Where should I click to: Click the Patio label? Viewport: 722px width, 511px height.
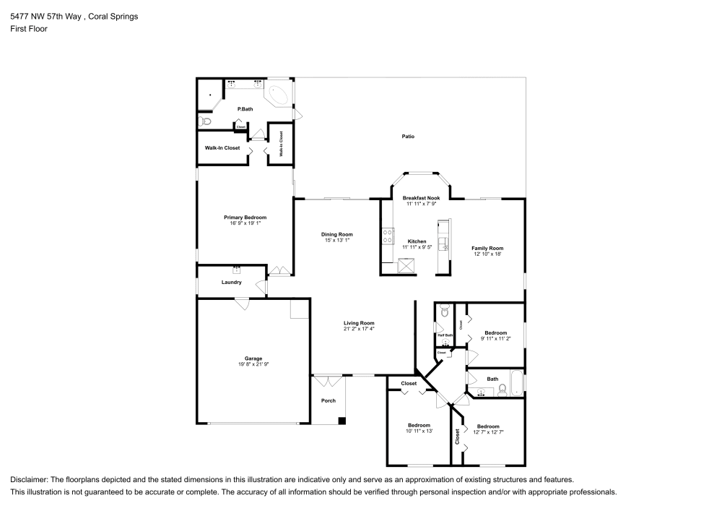pyautogui.click(x=408, y=137)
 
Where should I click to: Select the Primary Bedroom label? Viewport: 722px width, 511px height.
pyautogui.click(x=245, y=218)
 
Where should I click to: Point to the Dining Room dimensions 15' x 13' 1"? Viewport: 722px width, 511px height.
pyautogui.click(x=336, y=240)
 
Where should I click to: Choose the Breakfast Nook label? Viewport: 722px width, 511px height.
pyautogui.click(x=422, y=198)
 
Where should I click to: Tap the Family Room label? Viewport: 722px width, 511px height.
pyautogui.click(x=487, y=248)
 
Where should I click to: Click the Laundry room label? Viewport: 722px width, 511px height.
pyautogui.click(x=232, y=282)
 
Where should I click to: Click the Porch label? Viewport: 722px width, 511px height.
pyautogui.click(x=329, y=400)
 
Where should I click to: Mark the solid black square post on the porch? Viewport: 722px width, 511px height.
pyautogui.click(x=342, y=421)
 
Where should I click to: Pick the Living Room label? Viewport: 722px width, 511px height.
pyautogui.click(x=359, y=323)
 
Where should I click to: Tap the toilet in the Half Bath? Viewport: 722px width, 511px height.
pyautogui.click(x=445, y=312)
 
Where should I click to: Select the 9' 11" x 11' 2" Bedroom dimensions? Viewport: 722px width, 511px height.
pyautogui.click(x=496, y=338)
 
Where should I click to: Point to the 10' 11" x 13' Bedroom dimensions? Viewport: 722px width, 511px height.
pyautogui.click(x=419, y=431)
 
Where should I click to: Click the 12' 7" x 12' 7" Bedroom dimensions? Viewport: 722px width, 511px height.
pyautogui.click(x=487, y=432)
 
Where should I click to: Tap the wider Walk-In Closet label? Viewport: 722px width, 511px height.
pyautogui.click(x=222, y=147)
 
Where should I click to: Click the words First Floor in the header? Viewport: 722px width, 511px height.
pyautogui.click(x=29, y=29)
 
